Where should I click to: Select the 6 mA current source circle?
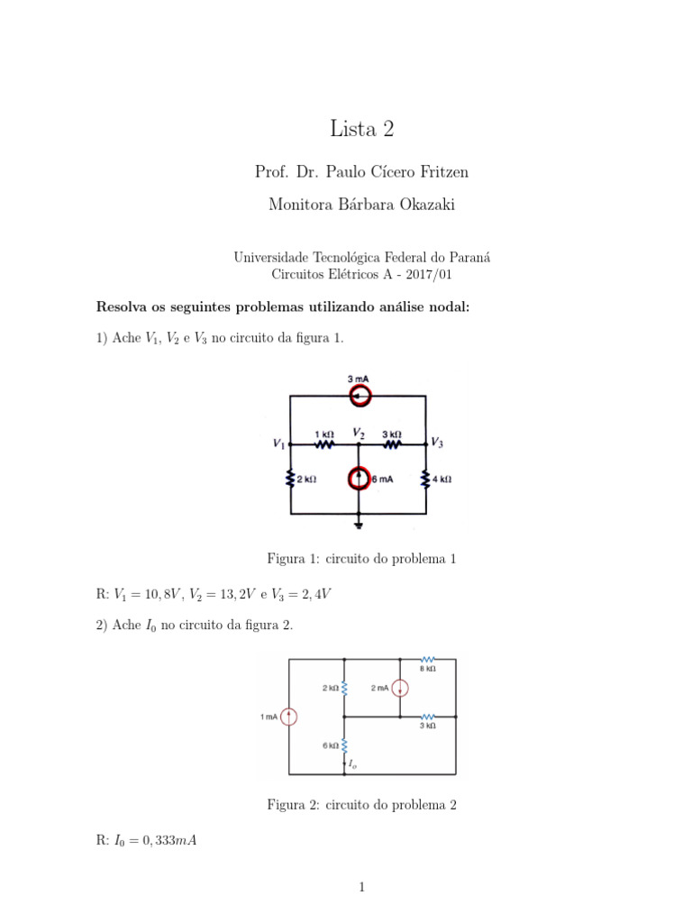pos(359,479)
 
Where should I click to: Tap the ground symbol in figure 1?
pos(359,522)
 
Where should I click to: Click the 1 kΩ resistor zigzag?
pos(323,444)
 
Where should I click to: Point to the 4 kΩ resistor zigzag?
pos(425,480)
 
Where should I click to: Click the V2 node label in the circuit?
pos(359,433)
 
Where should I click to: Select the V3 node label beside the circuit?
pos(436,443)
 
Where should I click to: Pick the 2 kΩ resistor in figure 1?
pos(290,480)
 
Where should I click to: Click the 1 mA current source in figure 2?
pos(288,717)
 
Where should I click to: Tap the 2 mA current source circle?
pos(400,689)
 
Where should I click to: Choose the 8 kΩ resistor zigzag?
pos(428,660)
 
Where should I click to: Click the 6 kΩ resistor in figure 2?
pos(344,745)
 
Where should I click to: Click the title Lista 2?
pos(361,129)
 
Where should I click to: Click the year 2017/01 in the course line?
pos(455,274)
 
